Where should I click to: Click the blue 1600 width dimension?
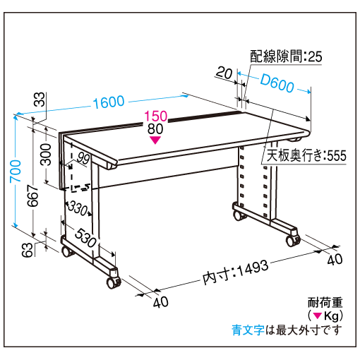click(109, 102)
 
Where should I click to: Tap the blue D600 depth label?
click(277, 83)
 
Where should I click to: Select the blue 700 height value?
click(16, 171)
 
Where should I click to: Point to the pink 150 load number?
click(155, 116)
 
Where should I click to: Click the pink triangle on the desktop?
click(155, 140)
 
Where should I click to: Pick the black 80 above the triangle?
click(155, 129)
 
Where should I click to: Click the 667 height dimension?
click(33, 196)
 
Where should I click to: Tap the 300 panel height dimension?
click(46, 155)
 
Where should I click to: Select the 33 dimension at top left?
click(40, 99)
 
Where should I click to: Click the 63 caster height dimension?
click(27, 250)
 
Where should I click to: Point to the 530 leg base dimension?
click(85, 238)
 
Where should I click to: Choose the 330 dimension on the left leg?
click(78, 208)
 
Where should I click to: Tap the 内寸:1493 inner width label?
click(235, 272)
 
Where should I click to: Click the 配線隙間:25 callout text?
click(286, 56)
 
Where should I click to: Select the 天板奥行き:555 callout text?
click(306, 155)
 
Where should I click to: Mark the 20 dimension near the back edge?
click(224, 73)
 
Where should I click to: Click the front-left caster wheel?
click(113, 282)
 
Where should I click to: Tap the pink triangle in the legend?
click(318, 316)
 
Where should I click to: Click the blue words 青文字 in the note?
click(248, 330)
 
